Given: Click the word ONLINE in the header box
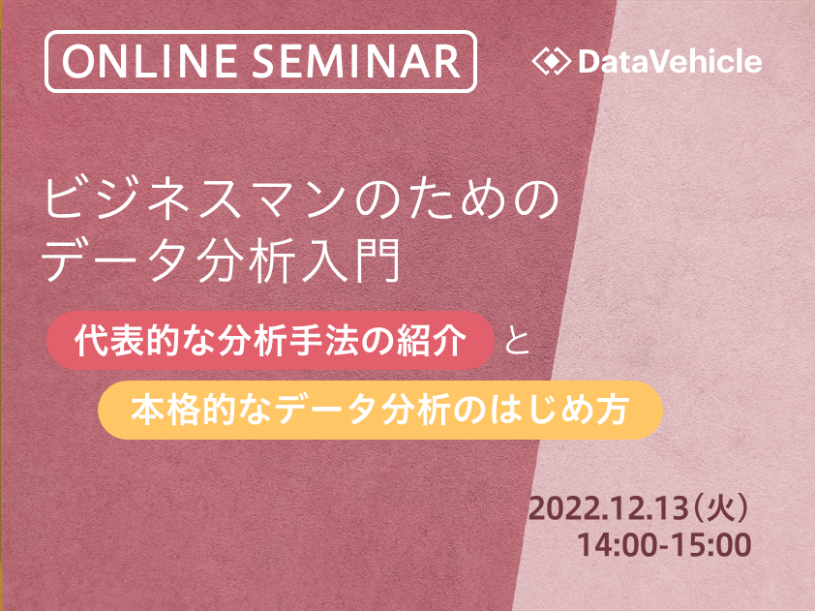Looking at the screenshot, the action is click(x=150, y=61).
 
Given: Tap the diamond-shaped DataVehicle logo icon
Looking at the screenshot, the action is click(x=552, y=61).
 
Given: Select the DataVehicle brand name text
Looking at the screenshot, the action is click(x=670, y=61).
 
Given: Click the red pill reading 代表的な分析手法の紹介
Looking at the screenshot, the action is click(x=270, y=341).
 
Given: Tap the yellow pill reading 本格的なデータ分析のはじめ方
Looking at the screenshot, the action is click(x=380, y=410).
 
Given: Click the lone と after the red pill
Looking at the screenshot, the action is click(x=517, y=342).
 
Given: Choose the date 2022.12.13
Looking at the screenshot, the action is click(x=608, y=508).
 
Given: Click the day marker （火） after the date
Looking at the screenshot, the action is click(x=720, y=508).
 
